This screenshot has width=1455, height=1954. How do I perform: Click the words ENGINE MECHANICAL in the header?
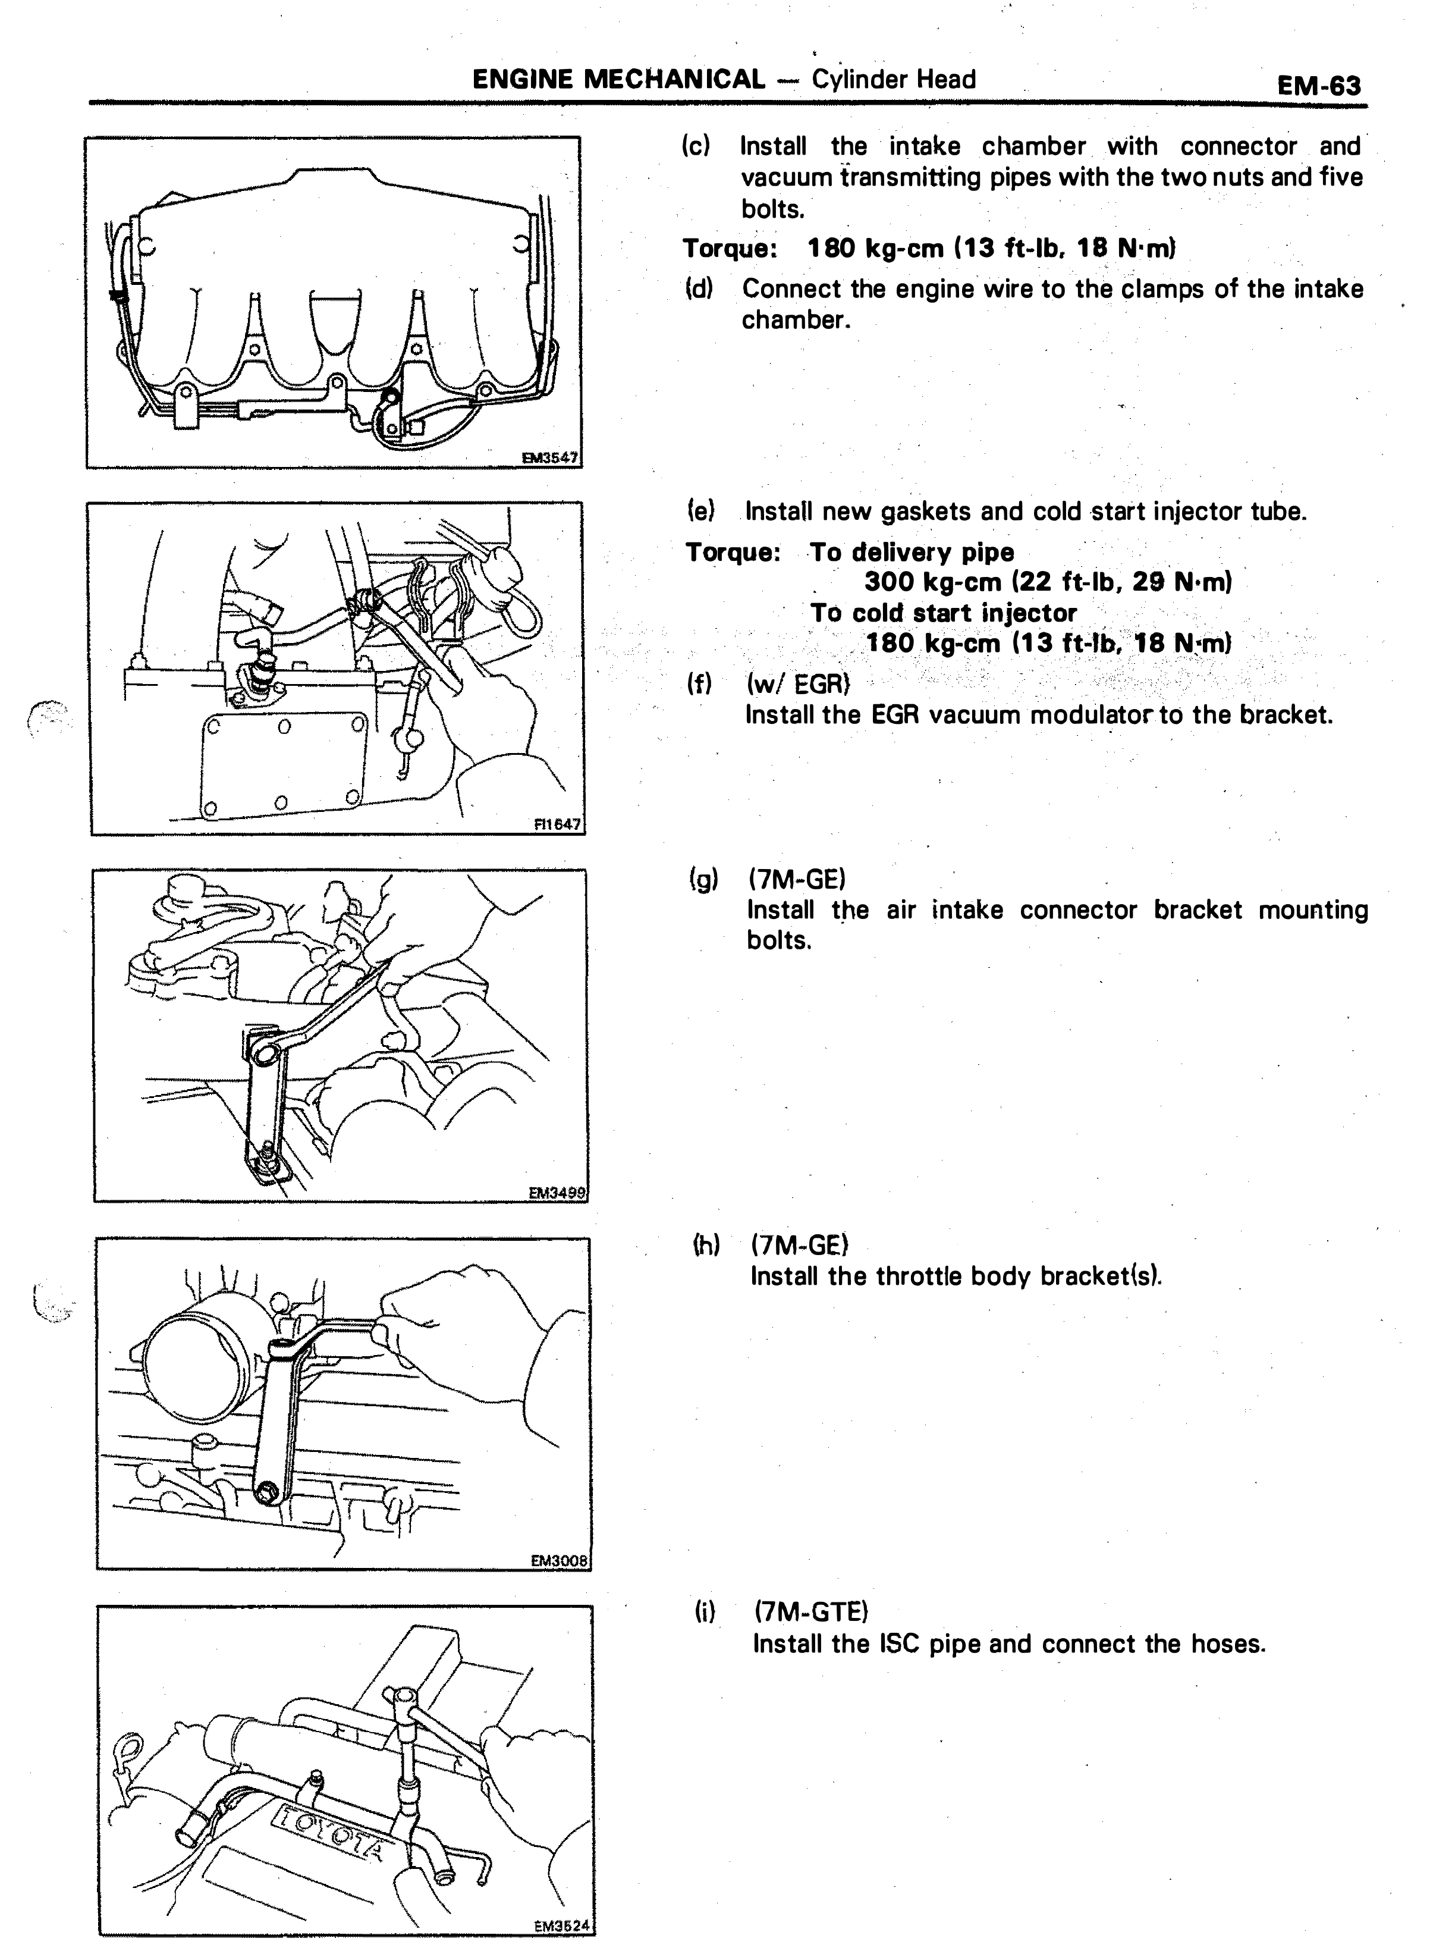[619, 79]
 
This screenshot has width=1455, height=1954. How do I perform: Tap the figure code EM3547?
[549, 457]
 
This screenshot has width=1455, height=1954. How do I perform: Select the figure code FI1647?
[557, 824]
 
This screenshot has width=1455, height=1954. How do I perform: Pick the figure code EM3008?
[560, 1560]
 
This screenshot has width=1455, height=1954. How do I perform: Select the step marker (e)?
[700, 510]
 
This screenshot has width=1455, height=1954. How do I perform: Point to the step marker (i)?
[705, 1611]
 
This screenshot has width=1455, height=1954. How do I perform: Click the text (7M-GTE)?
[811, 1611]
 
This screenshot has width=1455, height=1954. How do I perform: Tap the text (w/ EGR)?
[798, 683]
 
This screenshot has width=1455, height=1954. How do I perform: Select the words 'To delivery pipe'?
[912, 553]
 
